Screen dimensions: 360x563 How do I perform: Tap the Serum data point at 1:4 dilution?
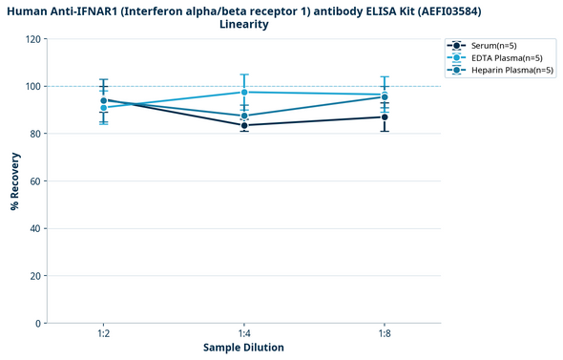(244, 125)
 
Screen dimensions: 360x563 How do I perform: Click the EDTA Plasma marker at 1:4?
(244, 92)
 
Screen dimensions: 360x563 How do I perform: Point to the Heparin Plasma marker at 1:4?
(244, 116)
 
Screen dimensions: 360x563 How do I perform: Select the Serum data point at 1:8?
(385, 116)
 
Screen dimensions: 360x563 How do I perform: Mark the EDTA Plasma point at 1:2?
(103, 108)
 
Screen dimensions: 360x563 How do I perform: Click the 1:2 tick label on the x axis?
(103, 334)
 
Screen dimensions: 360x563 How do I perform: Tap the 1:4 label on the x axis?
(244, 334)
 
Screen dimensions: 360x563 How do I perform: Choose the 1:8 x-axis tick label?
(385, 334)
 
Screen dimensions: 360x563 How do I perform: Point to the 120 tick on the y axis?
(33, 39)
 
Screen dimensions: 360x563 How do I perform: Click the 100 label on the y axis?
(33, 87)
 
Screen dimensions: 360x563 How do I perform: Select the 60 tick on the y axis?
(36, 181)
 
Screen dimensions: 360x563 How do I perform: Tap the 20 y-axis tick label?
(36, 276)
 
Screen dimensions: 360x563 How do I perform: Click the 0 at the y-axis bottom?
(39, 324)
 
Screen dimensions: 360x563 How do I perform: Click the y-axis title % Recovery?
(15, 181)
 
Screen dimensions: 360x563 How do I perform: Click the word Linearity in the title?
(243, 24)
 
